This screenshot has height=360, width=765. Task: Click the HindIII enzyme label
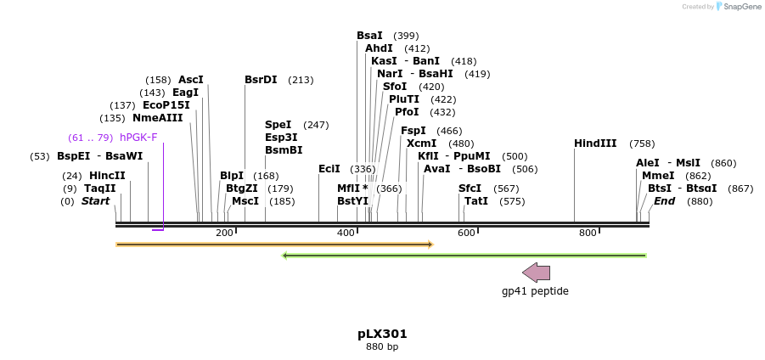[594, 143]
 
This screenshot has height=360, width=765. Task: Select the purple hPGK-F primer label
[138, 138]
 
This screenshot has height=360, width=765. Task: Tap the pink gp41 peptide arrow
[536, 273]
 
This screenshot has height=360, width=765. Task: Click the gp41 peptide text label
[535, 291]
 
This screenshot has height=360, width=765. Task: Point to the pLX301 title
[382, 334]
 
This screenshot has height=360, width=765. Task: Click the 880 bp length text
[382, 346]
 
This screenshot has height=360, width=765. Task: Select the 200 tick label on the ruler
[224, 233]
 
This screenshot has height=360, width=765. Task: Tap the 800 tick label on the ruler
[588, 233]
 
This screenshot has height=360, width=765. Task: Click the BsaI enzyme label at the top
[369, 36]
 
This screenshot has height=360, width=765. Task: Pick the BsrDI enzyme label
[261, 80]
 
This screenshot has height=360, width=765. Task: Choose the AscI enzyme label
[190, 80]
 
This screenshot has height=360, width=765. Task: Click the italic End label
[664, 201]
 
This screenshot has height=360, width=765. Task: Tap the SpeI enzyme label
[278, 125]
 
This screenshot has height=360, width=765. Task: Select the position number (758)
[642, 143]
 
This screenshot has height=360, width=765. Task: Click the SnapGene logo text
[742, 7]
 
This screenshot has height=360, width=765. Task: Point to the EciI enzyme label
[329, 169]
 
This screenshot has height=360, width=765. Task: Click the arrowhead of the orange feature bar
[430, 245]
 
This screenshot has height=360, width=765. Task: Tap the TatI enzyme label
[475, 201]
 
